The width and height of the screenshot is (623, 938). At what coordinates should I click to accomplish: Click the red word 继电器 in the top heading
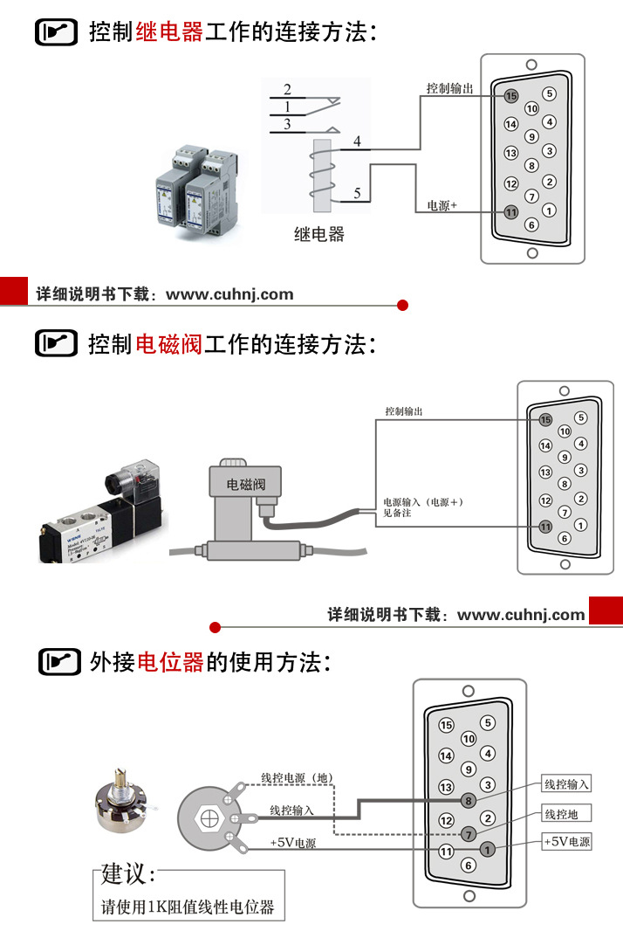[169, 32]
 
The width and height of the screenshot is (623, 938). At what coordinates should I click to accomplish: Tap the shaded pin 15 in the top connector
[511, 95]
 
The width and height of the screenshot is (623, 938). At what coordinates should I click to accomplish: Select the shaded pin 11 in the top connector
[511, 212]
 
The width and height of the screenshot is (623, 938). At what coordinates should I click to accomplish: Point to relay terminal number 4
[356, 141]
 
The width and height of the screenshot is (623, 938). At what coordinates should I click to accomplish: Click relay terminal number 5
[357, 194]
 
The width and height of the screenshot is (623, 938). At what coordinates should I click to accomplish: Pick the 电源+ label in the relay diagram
[442, 206]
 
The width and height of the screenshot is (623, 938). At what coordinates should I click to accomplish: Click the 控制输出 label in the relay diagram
[449, 89]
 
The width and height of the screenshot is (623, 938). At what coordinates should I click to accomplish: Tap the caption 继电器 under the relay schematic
[318, 234]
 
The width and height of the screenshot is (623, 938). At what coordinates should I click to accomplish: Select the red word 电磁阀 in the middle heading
[169, 343]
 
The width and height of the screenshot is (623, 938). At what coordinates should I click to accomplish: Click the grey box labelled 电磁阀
[245, 483]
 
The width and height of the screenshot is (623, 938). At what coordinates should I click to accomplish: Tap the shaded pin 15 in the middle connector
[546, 420]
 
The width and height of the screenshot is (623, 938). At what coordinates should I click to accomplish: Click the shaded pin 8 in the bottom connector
[469, 800]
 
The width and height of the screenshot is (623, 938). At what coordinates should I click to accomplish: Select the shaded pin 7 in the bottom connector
[469, 833]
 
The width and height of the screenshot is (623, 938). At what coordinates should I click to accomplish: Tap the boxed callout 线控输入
[566, 784]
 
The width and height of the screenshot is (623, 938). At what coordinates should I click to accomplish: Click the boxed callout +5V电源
[566, 842]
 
